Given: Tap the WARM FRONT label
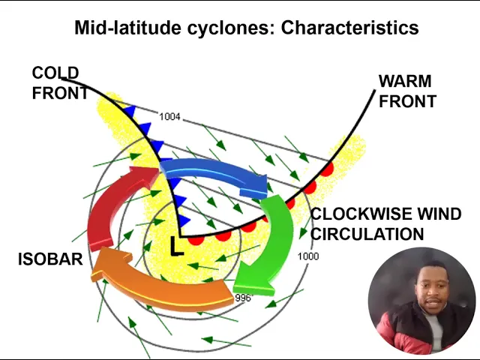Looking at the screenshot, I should coord(406,91).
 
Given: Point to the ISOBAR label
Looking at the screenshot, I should coord(50,259).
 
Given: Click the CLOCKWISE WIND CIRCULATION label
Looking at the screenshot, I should coord(385,224).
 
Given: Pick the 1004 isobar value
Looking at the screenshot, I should coord(169,117).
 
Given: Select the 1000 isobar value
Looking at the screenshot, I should coord(308,256).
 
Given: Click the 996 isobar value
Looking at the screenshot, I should coord(243,298).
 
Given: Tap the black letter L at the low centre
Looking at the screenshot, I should coord(176,246).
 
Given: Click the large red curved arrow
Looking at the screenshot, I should coord(112,209).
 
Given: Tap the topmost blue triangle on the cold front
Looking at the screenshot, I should coord(130,111).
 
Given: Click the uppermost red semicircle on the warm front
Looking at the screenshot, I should coord(327,168).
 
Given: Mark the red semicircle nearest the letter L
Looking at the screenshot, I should coord(196,239).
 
